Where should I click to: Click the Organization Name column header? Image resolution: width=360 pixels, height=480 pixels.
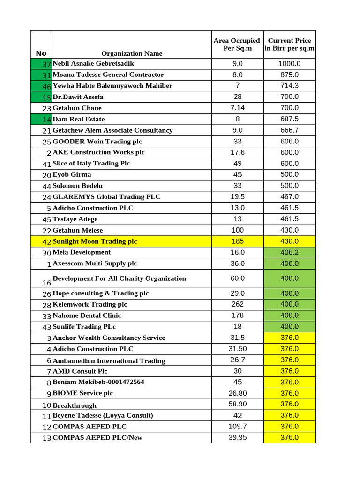[x=132, y=53]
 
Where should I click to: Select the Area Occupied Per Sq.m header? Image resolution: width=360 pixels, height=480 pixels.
[x=237, y=45]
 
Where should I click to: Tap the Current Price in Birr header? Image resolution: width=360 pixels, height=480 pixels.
[x=289, y=45]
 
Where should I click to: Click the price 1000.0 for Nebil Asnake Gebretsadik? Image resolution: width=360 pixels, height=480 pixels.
[x=289, y=64]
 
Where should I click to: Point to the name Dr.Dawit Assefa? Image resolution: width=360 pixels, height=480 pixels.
[x=78, y=97]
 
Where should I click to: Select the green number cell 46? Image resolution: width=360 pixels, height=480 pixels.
[x=46, y=86]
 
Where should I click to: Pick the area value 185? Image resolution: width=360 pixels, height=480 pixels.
[x=238, y=241]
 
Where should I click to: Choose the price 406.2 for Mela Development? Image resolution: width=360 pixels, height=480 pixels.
[x=289, y=253]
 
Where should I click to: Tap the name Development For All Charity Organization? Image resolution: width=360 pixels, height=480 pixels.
[x=120, y=278]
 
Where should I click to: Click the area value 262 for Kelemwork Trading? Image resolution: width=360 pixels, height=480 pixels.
[x=238, y=304]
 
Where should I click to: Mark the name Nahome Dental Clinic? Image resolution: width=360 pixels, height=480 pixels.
[x=87, y=315]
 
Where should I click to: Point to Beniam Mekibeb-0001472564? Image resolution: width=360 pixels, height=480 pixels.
[x=98, y=382]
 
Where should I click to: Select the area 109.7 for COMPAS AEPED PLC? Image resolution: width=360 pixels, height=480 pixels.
[x=238, y=427]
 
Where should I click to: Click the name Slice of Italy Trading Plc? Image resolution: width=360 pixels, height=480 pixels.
[x=91, y=164]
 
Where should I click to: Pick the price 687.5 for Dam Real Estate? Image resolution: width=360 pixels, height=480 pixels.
[x=289, y=119]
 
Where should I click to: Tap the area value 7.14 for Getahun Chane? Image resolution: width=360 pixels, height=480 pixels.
[x=238, y=108]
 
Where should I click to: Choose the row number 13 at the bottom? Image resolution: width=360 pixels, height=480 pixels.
[x=46, y=438]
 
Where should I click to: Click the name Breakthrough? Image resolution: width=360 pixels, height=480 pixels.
[x=75, y=405]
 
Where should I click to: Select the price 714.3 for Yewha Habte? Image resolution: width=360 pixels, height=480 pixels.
[x=289, y=86]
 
